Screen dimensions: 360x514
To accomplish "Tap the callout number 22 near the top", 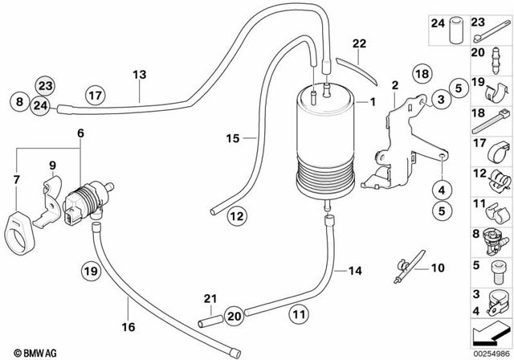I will click(358, 43).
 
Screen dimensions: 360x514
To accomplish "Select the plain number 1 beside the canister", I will click(371, 103).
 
